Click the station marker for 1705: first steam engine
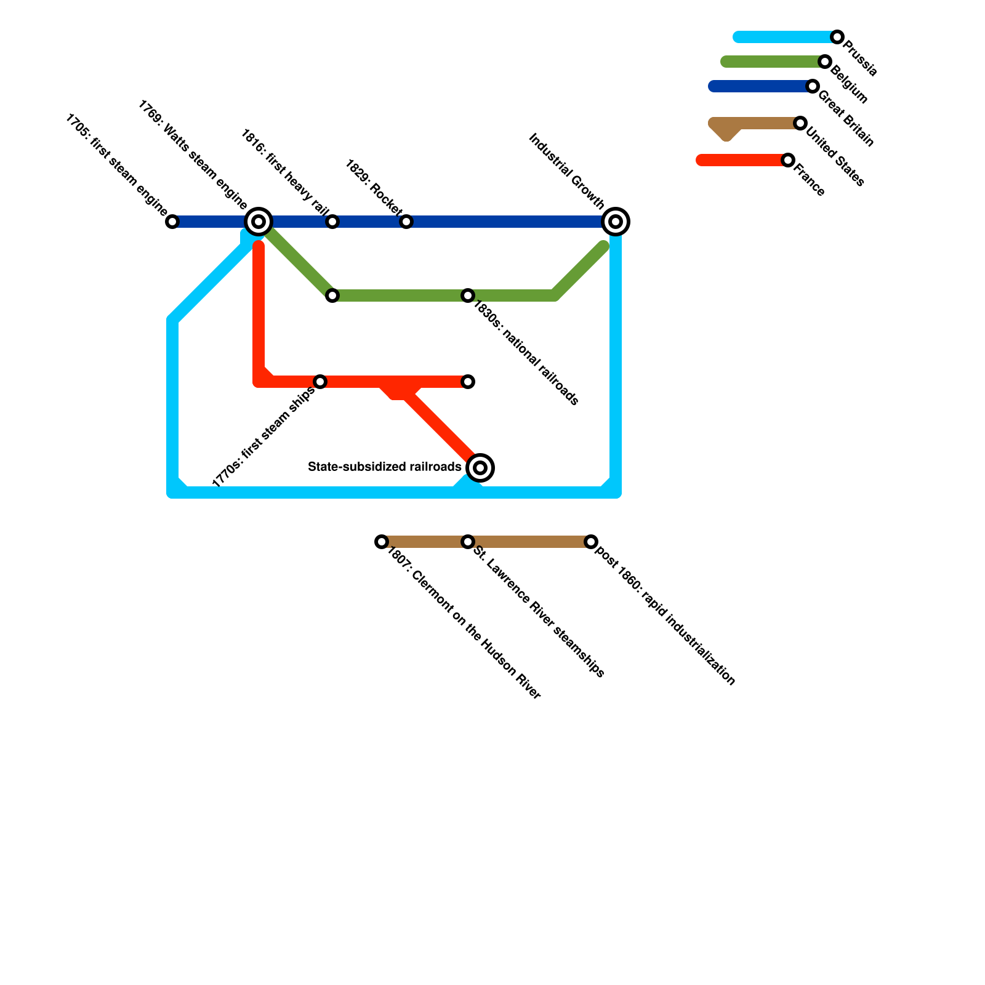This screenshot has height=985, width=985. coord(173,222)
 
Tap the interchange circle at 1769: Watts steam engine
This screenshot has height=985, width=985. coord(259,222)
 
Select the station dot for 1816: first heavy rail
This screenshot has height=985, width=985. coord(332,222)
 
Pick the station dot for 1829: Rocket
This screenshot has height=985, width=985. coord(406,222)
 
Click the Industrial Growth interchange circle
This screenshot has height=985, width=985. coord(616,222)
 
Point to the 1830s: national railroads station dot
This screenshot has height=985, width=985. coord(468,295)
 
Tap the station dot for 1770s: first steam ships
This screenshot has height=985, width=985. coord(320,382)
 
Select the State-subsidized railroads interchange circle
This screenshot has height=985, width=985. coord(480,468)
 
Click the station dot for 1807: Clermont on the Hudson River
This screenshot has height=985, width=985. coord(382,542)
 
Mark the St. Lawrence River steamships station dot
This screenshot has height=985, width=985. coord(468,542)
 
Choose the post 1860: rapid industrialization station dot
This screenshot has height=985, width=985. coord(591,542)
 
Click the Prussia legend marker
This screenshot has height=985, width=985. coord(837,37)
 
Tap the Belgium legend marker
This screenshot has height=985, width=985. coord(825,62)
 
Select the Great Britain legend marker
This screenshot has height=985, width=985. coord(813,86)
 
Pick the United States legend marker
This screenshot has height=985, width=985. coord(800,123)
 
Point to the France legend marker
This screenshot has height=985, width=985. coord(788,160)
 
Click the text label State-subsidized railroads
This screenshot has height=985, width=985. coord(385,467)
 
